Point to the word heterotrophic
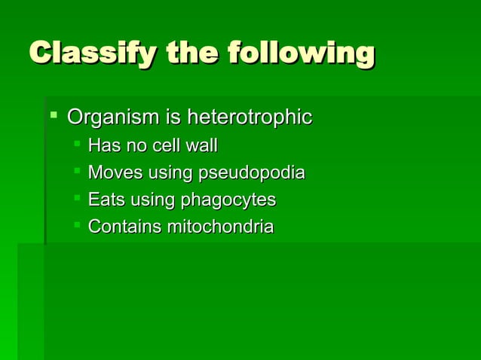tap(249, 118)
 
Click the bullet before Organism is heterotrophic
tap(54, 116)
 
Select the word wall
tap(201, 145)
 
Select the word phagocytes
tap(227, 201)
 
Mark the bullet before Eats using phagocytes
tap(78, 197)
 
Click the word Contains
tap(121, 227)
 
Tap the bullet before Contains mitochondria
tap(78, 224)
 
